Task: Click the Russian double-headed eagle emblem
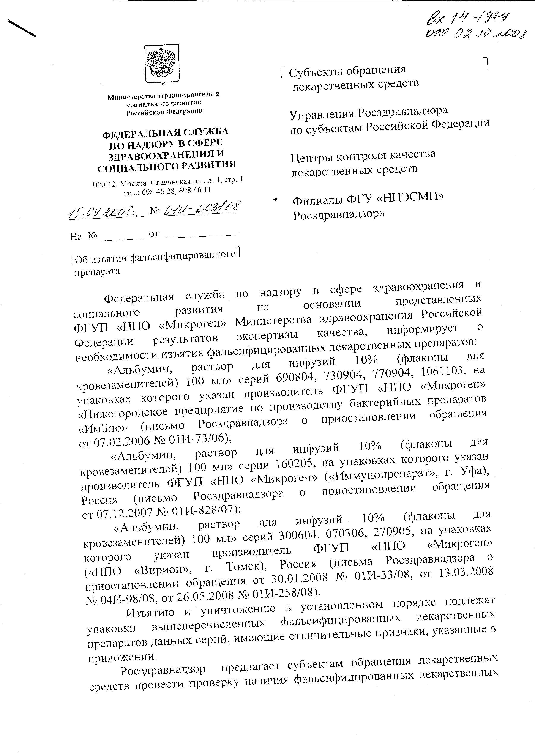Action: tap(162, 64)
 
